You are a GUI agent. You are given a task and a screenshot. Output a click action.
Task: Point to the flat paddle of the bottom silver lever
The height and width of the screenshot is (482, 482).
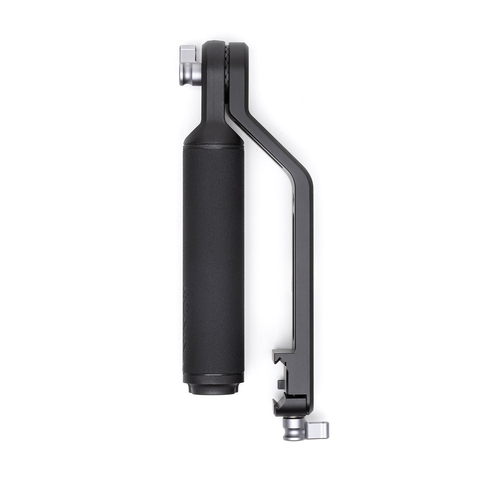point(319,430)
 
